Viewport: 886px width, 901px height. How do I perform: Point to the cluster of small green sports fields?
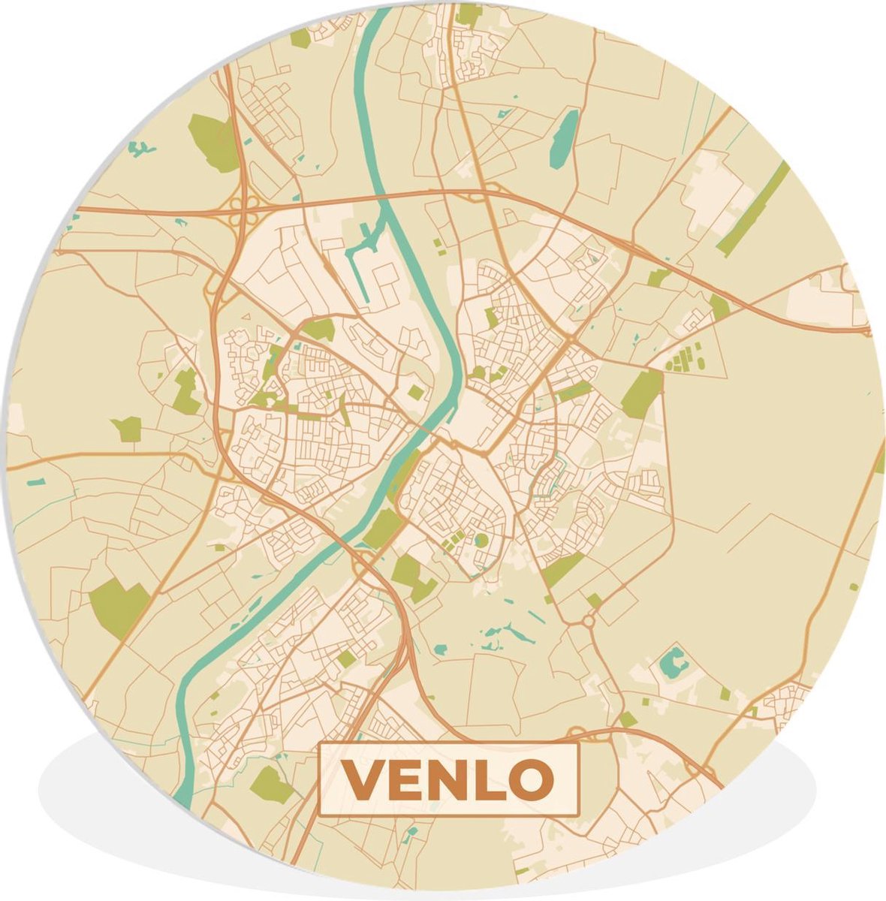(684, 357)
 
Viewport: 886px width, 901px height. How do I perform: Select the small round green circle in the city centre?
(480, 539)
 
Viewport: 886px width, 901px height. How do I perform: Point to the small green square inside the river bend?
(415, 391)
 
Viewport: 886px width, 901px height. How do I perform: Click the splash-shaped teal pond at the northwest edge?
(140, 149)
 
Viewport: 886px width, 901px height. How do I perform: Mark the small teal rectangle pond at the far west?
(36, 481)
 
